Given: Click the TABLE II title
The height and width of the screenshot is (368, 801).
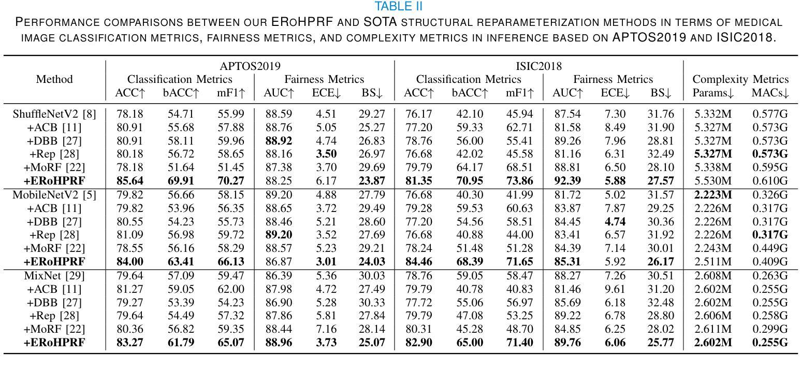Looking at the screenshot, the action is [x=398, y=6].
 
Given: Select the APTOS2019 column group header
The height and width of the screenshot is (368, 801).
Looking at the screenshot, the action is [x=250, y=66].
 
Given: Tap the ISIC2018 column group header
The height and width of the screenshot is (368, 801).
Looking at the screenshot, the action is [x=538, y=66].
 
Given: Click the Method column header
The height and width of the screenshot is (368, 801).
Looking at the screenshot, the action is [x=54, y=79].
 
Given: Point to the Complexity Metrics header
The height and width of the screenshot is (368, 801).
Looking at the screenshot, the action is [x=740, y=79].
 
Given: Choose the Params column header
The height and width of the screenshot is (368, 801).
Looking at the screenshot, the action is [x=713, y=93].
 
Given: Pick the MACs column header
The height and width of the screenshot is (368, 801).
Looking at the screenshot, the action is [x=770, y=93].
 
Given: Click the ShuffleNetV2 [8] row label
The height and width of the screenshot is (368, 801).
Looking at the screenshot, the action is [x=54, y=114].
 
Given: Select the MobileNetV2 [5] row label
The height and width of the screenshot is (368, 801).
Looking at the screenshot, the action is [x=54, y=195].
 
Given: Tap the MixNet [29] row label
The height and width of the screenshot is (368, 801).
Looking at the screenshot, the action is [x=54, y=276].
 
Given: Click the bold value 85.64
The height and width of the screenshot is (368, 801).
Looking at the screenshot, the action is [x=130, y=181].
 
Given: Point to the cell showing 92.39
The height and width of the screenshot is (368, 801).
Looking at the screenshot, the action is [x=567, y=181].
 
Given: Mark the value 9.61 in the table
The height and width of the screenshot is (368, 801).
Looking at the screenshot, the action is [x=615, y=289].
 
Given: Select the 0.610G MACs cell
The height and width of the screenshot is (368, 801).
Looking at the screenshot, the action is [x=770, y=181].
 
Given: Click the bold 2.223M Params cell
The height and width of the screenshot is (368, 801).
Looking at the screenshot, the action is [x=713, y=195].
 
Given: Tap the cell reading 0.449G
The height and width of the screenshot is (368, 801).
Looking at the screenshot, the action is [x=770, y=248].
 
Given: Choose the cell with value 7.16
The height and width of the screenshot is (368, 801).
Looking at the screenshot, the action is [x=326, y=329].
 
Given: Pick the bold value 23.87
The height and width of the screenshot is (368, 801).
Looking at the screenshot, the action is [x=372, y=181].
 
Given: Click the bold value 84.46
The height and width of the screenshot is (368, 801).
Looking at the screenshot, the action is [x=419, y=262].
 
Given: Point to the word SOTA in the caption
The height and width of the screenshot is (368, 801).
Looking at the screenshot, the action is [x=380, y=22].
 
